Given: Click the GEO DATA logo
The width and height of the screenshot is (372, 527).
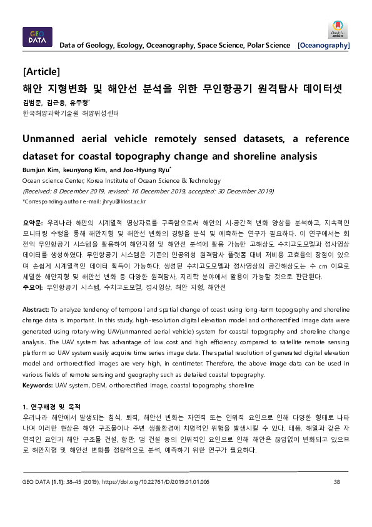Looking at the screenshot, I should tap(38, 38).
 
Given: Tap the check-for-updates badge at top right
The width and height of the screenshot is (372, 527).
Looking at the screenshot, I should tap(339, 30).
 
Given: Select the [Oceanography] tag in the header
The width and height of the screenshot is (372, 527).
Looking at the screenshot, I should tap(324, 45).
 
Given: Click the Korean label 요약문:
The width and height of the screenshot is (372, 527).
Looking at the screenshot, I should tap(33, 223).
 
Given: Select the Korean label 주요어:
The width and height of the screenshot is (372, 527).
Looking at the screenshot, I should tap(33, 287).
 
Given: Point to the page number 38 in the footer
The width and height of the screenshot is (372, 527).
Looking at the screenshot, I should tap(337, 482).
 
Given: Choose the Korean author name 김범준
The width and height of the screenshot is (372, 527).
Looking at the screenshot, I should tap(31, 102).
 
